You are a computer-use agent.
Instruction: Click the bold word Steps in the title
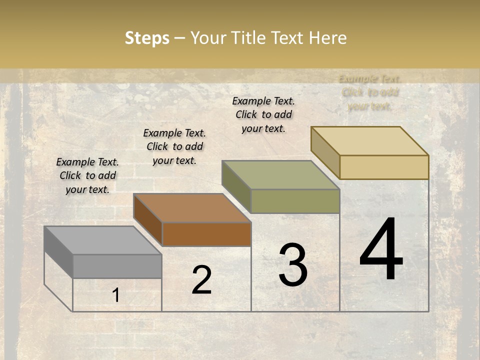pos(147,38)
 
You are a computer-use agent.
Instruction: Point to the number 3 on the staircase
pos(292,265)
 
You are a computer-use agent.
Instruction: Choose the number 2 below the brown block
pos(201,280)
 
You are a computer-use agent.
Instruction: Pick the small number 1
pos(115,295)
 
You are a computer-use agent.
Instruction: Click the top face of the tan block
pos(369,141)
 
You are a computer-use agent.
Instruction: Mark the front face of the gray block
pos(117,266)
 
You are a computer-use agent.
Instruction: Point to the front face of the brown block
pos(206,234)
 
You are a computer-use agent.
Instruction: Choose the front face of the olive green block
pos(295,201)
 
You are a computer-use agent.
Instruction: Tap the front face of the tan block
pos(384,167)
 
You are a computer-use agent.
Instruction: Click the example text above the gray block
pos(87,175)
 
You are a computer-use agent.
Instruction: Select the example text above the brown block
pos(174,146)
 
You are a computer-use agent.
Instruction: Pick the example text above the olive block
pos(263,114)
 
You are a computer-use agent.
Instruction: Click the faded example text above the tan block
pos(370,92)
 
